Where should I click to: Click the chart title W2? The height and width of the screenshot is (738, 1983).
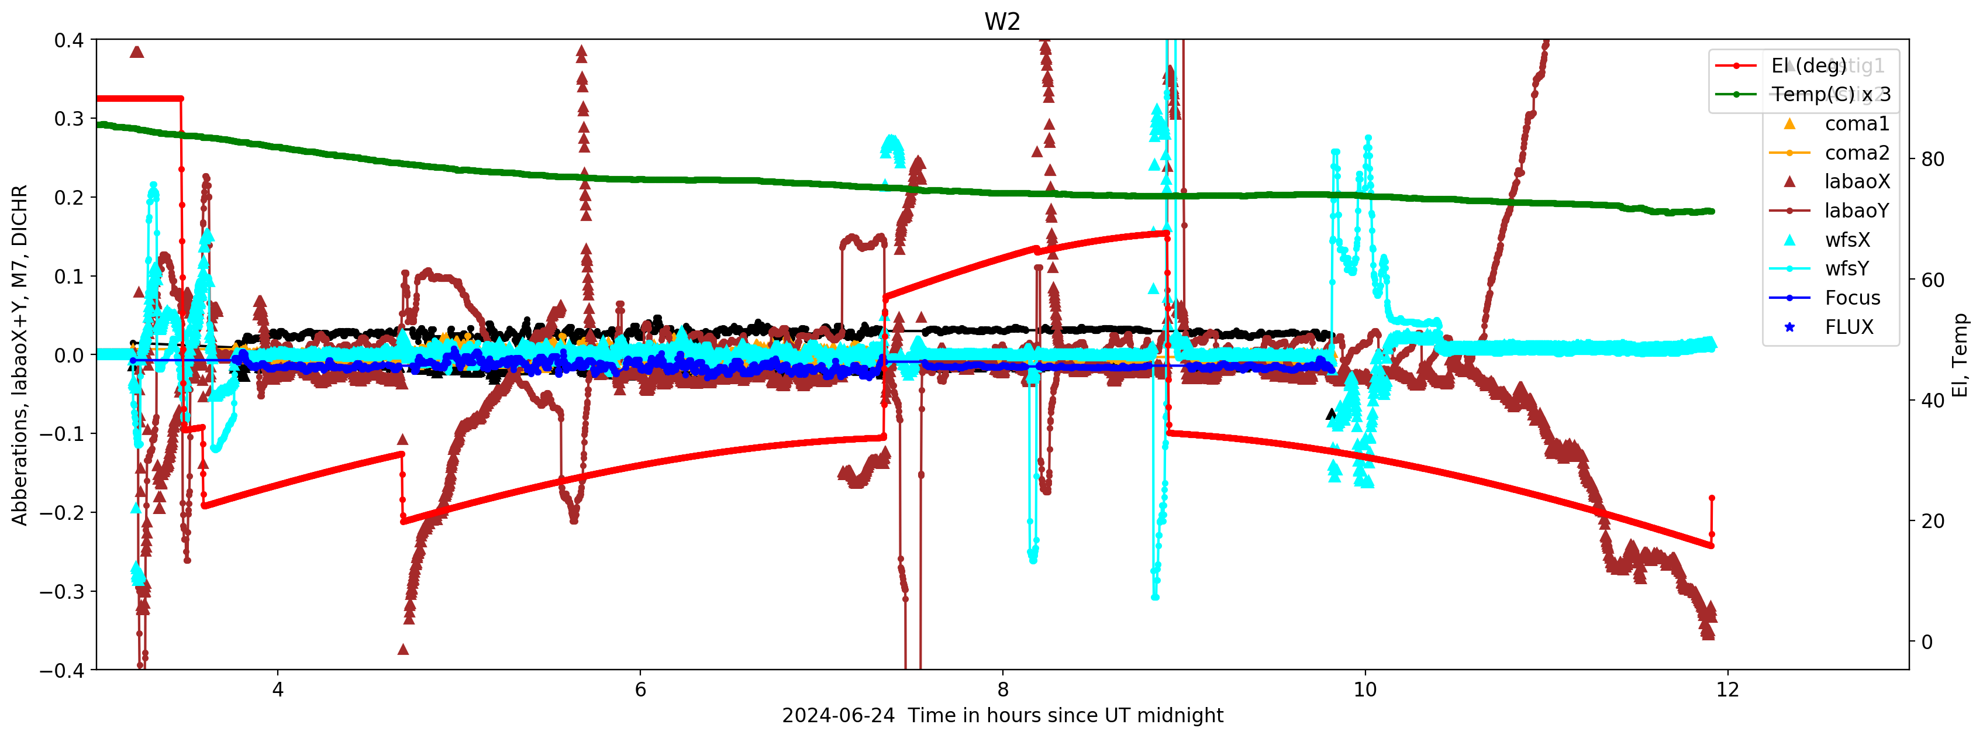pos(1002,22)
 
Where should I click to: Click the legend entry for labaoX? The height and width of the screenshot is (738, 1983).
pos(1856,182)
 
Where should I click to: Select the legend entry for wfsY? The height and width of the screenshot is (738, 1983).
pos(1846,268)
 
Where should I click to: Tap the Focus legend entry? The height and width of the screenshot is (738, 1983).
pos(1851,298)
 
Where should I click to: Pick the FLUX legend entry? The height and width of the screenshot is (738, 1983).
pos(1848,327)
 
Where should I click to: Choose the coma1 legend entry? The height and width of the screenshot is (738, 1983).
pos(1856,124)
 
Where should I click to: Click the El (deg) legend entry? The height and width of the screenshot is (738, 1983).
pos(1808,66)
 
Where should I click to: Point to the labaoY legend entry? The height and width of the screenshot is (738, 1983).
pos(1856,211)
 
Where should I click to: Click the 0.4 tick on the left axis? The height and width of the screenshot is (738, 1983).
pos(68,40)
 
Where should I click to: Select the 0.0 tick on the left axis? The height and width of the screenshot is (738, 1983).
pos(68,356)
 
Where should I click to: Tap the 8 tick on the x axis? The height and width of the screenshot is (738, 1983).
pos(1002,689)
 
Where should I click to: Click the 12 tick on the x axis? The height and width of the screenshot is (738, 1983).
pos(1727,689)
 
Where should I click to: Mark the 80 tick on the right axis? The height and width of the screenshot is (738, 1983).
pos(1932,159)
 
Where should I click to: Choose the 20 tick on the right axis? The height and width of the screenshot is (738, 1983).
pos(1932,521)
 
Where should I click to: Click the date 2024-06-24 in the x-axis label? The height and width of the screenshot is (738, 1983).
pos(837,716)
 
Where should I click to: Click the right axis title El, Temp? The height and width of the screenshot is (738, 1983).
pos(1960,355)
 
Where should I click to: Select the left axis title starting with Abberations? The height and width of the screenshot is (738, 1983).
pos(19,355)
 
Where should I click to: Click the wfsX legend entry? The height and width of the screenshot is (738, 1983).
pos(1847,240)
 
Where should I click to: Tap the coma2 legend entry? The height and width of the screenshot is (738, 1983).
pos(1856,153)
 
